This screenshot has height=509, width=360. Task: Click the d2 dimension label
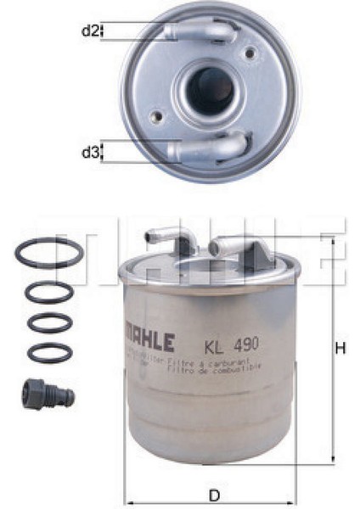click(x=90, y=31)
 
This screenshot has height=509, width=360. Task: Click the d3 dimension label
click(x=90, y=153)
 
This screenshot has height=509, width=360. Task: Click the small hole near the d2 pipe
click(x=250, y=53)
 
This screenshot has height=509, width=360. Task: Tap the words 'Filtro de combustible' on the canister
click(x=228, y=366)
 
